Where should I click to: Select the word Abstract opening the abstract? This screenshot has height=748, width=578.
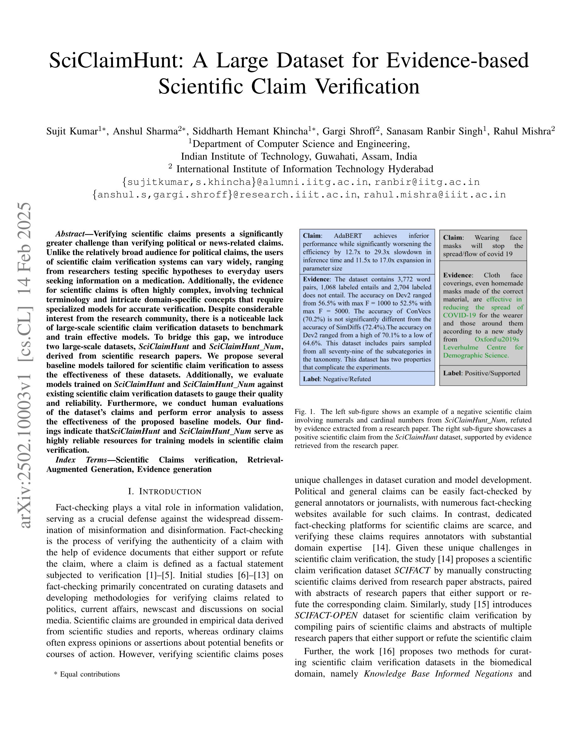click(70, 234)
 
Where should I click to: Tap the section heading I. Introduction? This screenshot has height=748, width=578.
click(165, 491)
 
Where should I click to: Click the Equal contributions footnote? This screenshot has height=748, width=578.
click(87, 674)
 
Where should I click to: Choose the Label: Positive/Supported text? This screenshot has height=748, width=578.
click(481, 373)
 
